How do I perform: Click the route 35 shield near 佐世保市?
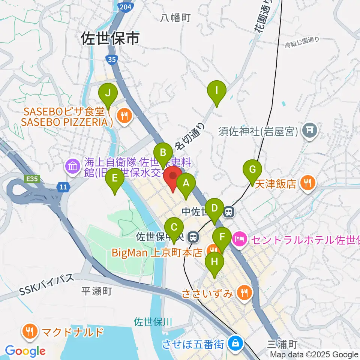click(x=111, y=59)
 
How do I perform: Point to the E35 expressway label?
click(x=32, y=179)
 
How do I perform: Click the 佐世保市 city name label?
click(x=110, y=39)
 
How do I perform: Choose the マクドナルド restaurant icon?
click(x=29, y=331)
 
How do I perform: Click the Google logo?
click(x=25, y=351)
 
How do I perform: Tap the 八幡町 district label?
click(x=176, y=17)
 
